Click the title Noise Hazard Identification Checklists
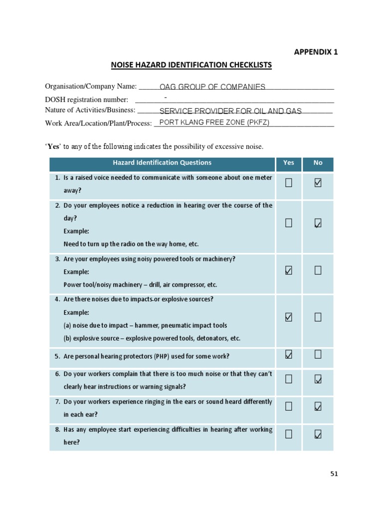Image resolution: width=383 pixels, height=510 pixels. [191, 65]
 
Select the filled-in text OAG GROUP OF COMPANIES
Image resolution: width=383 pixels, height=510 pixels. [212, 87]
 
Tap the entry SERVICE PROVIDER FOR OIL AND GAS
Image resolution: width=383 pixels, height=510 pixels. [230, 111]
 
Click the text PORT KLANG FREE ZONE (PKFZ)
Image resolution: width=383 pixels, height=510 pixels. [214, 123]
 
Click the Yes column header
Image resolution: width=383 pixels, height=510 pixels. [289, 163]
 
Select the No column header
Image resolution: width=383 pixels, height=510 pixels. [318, 163]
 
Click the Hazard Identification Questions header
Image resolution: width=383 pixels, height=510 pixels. [162, 163]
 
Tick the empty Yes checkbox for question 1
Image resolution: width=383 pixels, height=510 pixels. [289, 183]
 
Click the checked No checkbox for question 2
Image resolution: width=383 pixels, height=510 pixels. [318, 224]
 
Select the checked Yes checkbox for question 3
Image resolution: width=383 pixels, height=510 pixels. [289, 270]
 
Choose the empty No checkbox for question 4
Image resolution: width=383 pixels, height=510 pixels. [318, 317]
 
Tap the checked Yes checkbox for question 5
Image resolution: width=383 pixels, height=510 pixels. [289, 355]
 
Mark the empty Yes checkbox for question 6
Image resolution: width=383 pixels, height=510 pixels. [289, 380]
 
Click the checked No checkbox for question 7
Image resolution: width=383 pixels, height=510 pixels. [318, 407]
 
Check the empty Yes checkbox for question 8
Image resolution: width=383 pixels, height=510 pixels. [289, 435]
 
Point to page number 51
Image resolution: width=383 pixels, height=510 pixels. [334, 474]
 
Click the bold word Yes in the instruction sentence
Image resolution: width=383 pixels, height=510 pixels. [53, 146]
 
